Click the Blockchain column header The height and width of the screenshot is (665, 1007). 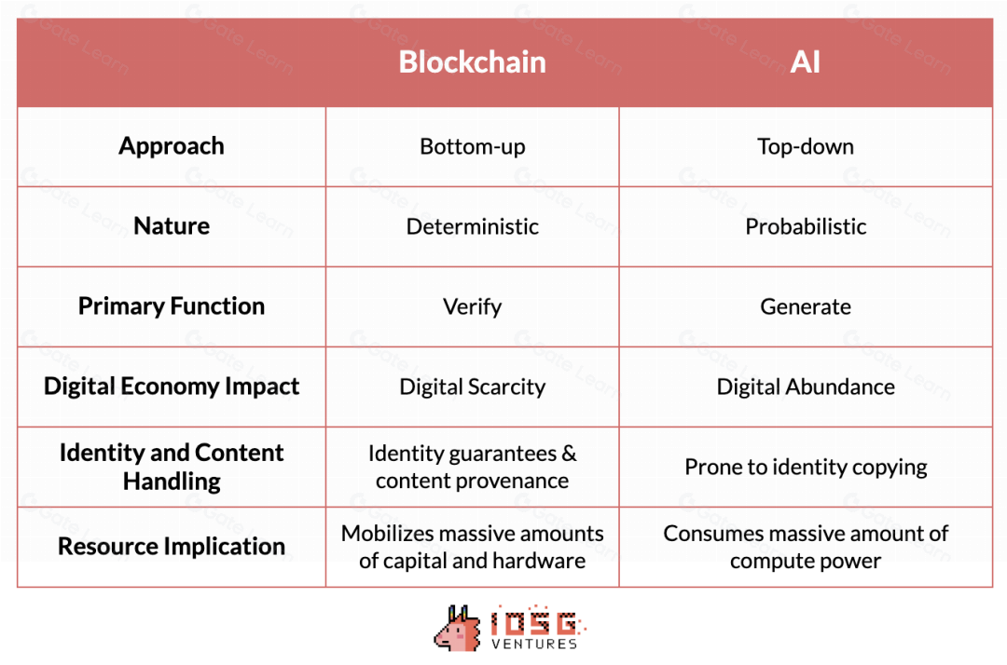[x=472, y=62]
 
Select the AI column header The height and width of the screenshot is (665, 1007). [x=806, y=62]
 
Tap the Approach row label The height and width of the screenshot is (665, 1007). [x=172, y=147]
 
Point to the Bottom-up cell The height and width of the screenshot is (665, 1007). [x=472, y=147]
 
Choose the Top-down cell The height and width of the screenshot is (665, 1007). [x=806, y=147]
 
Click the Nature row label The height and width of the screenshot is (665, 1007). [x=172, y=226]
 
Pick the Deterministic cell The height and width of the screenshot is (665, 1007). [x=472, y=226]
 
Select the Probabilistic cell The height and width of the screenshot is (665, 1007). [x=806, y=226]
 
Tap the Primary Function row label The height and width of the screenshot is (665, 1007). [x=172, y=306]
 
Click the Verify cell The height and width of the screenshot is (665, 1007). [x=472, y=306]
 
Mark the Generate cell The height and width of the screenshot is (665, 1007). [x=806, y=306]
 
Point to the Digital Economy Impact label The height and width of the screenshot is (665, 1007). [x=172, y=387]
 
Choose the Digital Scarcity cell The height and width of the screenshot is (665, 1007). [x=472, y=387]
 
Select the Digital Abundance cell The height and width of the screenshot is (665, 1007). [x=806, y=387]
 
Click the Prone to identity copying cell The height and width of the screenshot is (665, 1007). [x=806, y=467]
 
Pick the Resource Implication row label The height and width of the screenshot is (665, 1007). [x=172, y=547]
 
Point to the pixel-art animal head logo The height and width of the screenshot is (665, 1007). [x=457, y=629]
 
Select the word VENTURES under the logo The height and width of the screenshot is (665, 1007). [x=534, y=644]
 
